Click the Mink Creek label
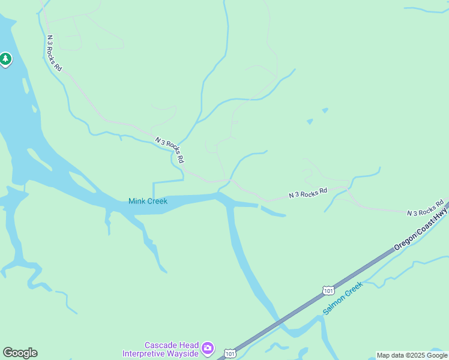point(148,202)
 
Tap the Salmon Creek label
point(343,298)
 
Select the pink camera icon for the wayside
point(207,348)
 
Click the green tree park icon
point(5,59)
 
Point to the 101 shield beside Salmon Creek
point(328,290)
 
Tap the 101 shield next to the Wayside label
point(230,354)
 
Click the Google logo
point(20,353)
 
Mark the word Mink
point(138,202)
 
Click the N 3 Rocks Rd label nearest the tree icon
point(54,52)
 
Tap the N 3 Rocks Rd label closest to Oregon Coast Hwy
point(426,208)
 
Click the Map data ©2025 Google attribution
point(412,355)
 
